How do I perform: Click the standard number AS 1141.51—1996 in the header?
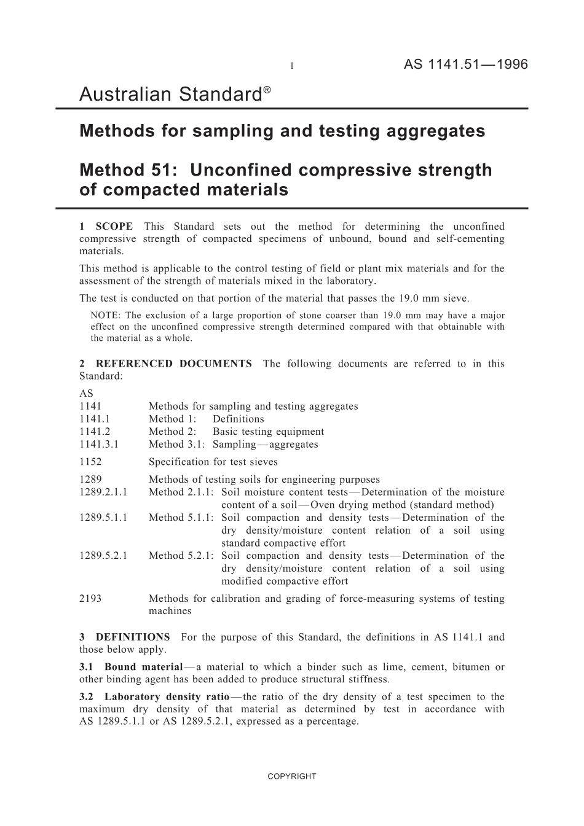pos(465,64)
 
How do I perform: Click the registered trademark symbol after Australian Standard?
pos(267,90)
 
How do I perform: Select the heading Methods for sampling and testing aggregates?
pos(282,131)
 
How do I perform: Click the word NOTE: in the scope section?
pos(105,316)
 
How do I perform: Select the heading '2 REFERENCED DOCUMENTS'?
pos(165,364)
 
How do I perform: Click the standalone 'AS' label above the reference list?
pos(86,394)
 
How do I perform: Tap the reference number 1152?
pos(90,462)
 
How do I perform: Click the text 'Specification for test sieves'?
pos(213,462)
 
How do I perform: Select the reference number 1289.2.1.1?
pos(103,492)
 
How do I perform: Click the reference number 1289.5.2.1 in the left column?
pos(103,556)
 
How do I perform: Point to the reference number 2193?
pos(90,599)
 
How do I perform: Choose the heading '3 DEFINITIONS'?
pos(125,637)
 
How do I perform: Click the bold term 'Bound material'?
pos(143,667)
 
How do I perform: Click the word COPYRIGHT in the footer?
pos(291,776)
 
